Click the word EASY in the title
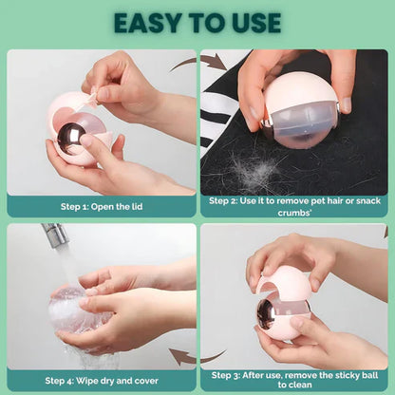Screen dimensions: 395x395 coord(150,22)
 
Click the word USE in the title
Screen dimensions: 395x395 coord(251,22)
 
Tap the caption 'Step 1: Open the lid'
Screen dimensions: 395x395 coord(101,206)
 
